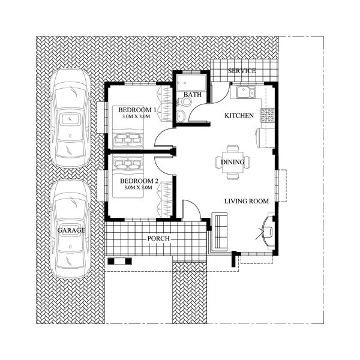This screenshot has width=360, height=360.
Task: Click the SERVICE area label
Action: point(242,71)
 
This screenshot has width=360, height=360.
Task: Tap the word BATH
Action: point(192,95)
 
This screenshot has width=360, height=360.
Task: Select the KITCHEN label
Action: point(239,115)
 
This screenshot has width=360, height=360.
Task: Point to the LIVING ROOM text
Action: point(246,202)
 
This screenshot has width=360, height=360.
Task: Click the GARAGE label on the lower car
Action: point(71,230)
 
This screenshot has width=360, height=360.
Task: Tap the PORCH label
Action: point(158,238)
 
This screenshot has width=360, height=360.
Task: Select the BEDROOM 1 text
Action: point(137,110)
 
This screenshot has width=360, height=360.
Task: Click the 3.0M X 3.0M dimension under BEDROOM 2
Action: point(139,188)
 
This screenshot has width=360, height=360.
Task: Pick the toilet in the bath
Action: point(185,103)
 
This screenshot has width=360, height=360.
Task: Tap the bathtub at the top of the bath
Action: point(190,82)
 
